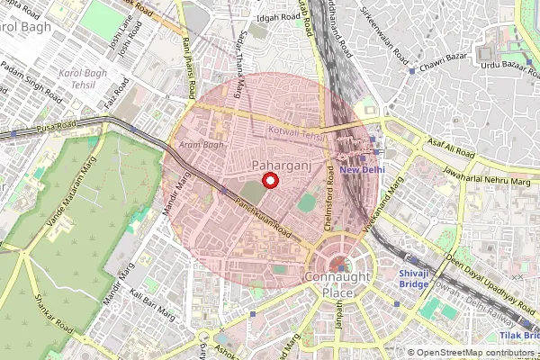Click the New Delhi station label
click(x=362, y=169)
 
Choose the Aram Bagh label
click(x=201, y=144)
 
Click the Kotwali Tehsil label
click(x=298, y=132)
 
